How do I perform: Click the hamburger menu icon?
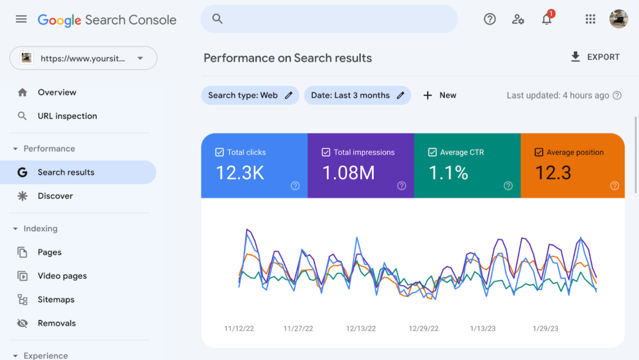click(21, 19)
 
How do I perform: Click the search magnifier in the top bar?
click(217, 19)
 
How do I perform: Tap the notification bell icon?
click(547, 19)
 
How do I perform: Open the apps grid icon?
click(590, 19)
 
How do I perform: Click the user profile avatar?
click(618, 19)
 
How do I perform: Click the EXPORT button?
click(595, 57)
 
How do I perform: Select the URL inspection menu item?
click(67, 116)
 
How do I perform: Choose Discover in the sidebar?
click(55, 196)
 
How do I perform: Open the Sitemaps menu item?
click(56, 299)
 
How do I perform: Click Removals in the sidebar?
click(56, 323)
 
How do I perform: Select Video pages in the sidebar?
click(62, 276)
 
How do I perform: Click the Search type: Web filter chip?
click(250, 95)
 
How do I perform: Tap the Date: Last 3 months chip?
click(357, 95)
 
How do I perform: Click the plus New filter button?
click(439, 95)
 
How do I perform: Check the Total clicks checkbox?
click(219, 152)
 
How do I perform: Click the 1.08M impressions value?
click(348, 173)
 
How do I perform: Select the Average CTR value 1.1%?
click(448, 173)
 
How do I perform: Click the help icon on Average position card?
click(614, 186)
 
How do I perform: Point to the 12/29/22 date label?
click(424, 328)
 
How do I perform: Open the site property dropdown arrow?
click(140, 59)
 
